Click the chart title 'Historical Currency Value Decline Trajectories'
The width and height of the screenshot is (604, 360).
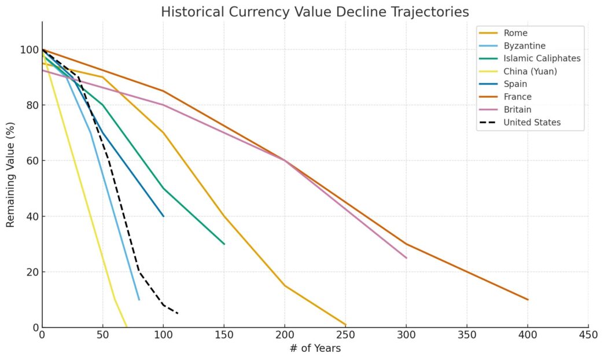(x=315, y=12)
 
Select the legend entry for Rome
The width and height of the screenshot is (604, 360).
(x=515, y=33)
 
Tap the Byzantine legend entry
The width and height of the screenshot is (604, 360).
(x=524, y=46)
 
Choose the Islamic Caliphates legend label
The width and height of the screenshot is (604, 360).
(x=542, y=58)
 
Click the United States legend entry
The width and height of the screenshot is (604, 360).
(x=532, y=122)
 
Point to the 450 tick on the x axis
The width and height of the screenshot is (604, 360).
(x=588, y=333)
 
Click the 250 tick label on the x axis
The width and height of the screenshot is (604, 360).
(x=345, y=333)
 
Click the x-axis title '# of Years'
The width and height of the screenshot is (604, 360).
(x=315, y=348)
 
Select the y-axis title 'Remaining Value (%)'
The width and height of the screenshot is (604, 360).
(x=10, y=175)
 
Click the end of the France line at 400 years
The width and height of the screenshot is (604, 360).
(x=528, y=299)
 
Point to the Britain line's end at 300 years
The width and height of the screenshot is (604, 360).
(x=406, y=258)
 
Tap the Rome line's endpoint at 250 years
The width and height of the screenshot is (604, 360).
(x=345, y=325)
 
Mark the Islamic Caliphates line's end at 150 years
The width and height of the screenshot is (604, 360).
(x=224, y=244)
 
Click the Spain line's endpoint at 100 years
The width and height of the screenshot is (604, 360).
(x=164, y=216)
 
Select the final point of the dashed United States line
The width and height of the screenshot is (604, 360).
(x=178, y=313)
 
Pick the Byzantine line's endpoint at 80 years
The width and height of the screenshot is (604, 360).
(x=139, y=299)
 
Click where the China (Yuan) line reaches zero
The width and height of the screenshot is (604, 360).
(x=127, y=327)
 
